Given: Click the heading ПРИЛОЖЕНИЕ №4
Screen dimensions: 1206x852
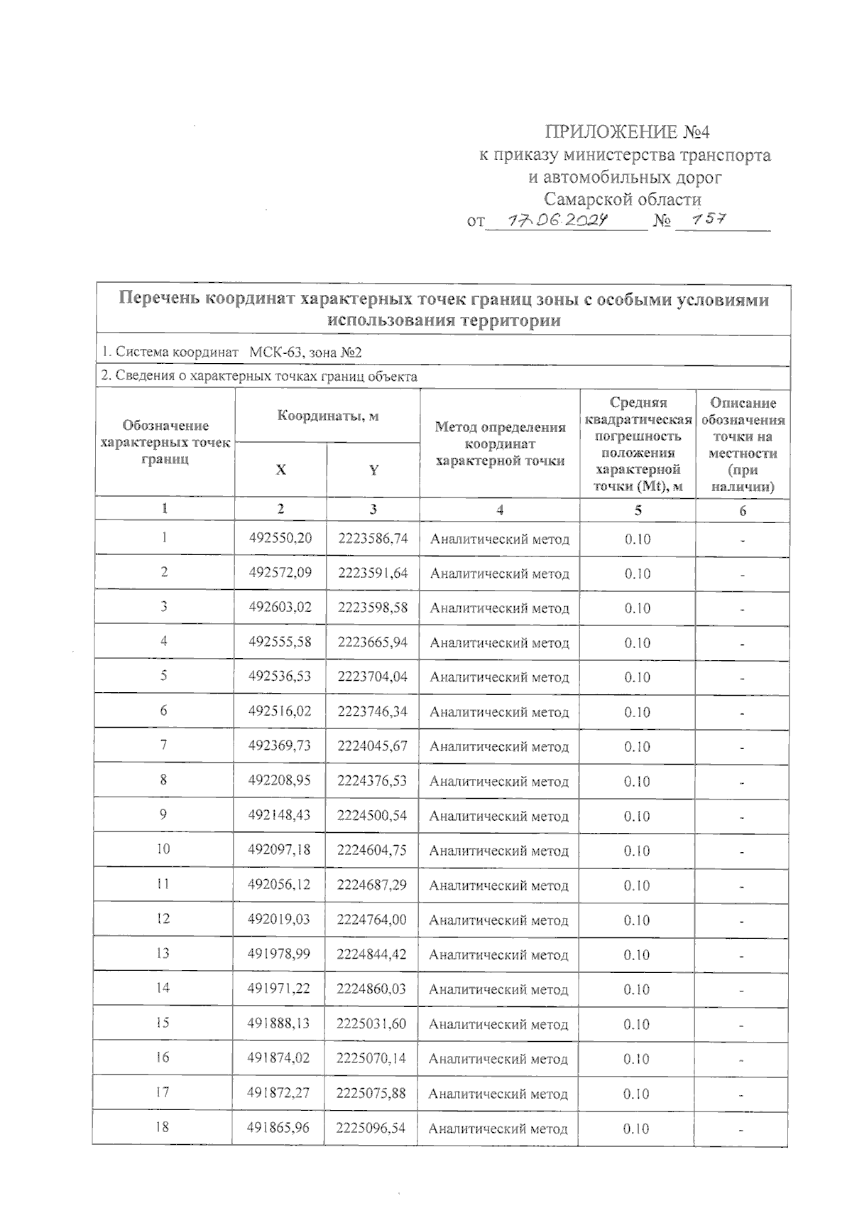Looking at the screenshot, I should coord(627,132).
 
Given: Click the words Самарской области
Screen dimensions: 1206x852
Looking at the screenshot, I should coord(623,200).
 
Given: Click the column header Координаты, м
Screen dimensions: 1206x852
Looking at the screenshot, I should coord(327,416).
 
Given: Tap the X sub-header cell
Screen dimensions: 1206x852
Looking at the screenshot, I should coord(281,470).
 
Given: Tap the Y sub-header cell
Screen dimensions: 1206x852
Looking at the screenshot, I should coord(373,470).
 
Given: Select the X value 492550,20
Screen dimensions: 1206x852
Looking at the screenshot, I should coord(280,539).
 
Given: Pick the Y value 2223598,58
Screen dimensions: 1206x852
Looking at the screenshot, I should coord(373,608).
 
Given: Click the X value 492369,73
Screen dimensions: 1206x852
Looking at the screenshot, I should coord(280,746).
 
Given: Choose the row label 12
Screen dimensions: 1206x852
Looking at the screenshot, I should coord(163,919).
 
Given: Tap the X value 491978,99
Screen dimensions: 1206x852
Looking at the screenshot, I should coord(279,954).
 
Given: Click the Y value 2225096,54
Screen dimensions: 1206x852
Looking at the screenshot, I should coord(371,1127).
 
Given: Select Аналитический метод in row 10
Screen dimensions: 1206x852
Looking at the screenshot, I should coord(499,851).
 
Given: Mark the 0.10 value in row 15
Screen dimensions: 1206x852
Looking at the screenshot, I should coord(637,1024).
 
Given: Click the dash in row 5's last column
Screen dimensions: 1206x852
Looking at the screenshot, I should coord(742,678).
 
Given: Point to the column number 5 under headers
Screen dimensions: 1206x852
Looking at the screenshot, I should coord(638,510).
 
